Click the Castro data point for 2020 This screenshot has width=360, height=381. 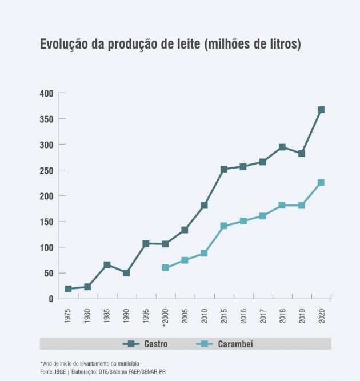coord(321,110)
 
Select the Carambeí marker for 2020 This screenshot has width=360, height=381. coord(321,183)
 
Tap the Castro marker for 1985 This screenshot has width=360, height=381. coord(107,265)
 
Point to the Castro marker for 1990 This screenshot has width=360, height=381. coord(126,273)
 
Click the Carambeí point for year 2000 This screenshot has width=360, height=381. coord(165,267)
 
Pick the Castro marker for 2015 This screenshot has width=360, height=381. coord(224,169)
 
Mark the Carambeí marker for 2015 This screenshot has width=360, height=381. coord(224,226)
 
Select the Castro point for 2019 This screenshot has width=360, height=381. coord(302,154)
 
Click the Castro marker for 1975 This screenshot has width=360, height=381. coord(68,289)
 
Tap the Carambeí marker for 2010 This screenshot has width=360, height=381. coord(204,253)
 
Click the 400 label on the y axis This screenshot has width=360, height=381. coord(46,93)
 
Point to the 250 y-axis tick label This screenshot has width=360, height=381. coord(46,170)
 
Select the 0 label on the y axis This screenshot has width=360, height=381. coord(51,299)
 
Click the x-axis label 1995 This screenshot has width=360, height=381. coord(146,316)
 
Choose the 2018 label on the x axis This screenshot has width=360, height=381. coord(282,316)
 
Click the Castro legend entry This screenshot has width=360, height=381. coord(146,344)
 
